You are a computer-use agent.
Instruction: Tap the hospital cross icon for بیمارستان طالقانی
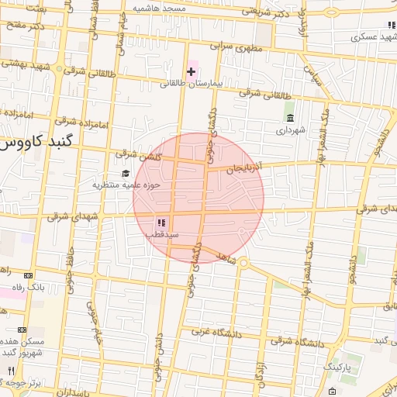(x=191, y=71)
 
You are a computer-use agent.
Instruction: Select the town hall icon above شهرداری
(x=290, y=118)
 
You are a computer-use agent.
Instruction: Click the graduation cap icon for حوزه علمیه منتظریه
(x=126, y=172)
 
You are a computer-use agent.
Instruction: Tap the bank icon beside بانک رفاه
(x=29, y=274)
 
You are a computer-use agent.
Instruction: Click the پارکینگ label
(x=337, y=364)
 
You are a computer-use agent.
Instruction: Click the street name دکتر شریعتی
(x=268, y=12)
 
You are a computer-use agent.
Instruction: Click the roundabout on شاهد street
(x=243, y=264)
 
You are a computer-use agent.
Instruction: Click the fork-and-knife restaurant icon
(x=11, y=371)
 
